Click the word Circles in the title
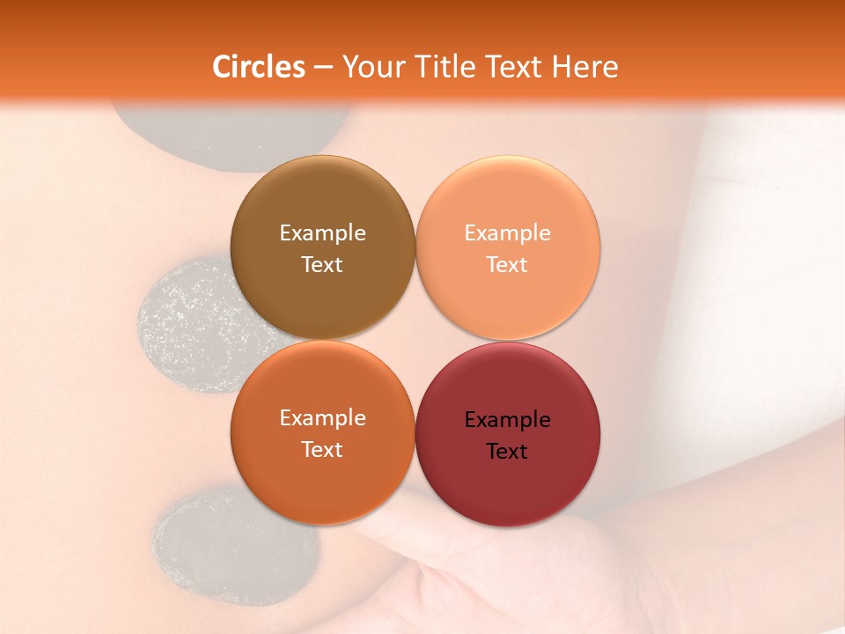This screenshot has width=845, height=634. pyautogui.click(x=259, y=67)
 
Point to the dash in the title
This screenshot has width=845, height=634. pyautogui.click(x=323, y=68)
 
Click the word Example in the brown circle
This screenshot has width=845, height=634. pyautogui.click(x=322, y=232)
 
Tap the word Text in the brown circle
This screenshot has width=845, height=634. pyautogui.click(x=322, y=264)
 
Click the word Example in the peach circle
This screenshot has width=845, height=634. pyautogui.click(x=507, y=232)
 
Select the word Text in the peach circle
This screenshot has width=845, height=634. pyautogui.click(x=507, y=264)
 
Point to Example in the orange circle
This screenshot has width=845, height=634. pyautogui.click(x=322, y=417)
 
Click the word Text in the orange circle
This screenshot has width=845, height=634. pyautogui.click(x=322, y=449)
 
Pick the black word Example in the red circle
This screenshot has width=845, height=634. pyautogui.click(x=507, y=419)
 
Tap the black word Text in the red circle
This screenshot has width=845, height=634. pyautogui.click(x=507, y=451)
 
